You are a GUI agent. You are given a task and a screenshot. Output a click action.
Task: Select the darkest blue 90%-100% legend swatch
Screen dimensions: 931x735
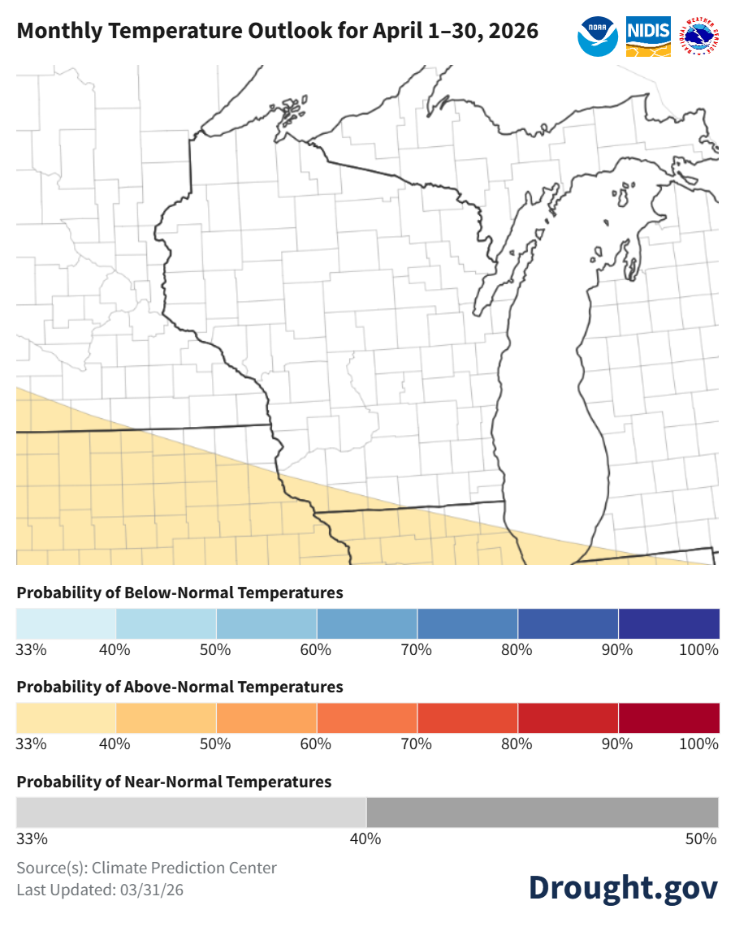point(668,623)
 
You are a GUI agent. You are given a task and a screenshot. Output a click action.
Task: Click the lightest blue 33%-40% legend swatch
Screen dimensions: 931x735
point(66,623)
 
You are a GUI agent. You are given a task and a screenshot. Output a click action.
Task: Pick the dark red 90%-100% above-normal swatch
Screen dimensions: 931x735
point(668,718)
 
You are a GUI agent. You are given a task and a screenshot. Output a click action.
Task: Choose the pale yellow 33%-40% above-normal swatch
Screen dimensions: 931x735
point(66,718)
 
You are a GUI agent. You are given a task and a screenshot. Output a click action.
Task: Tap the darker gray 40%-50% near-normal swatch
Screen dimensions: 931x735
point(543,812)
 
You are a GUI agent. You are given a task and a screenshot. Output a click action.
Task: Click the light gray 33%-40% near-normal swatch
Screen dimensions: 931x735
point(191,812)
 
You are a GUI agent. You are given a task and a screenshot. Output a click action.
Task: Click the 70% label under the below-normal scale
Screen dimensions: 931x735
point(417,650)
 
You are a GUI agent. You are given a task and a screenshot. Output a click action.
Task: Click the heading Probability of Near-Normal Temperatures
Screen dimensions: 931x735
point(174,782)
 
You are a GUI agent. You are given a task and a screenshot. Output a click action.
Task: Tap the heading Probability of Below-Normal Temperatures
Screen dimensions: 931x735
point(179,593)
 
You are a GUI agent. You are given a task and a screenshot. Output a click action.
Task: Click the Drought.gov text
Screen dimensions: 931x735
point(623,887)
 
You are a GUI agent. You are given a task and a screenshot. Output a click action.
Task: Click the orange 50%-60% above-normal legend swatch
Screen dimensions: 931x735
point(266,718)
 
